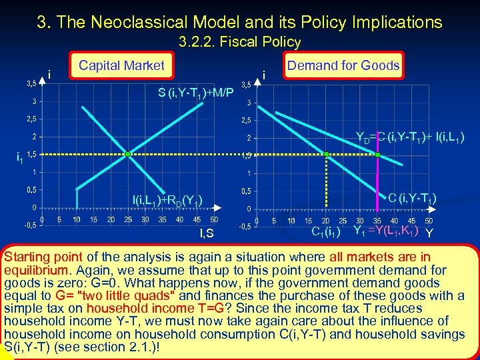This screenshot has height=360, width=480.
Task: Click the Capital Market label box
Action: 121,65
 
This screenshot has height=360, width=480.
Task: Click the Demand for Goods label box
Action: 343,65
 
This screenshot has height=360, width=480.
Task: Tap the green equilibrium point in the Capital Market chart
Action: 127,155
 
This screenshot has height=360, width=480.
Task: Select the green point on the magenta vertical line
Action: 377,155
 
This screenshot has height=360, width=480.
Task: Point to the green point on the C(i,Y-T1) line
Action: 326,155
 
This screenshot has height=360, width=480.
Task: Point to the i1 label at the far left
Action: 19,158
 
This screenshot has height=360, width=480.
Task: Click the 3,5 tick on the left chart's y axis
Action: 31,84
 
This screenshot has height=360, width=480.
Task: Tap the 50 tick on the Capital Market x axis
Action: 213,219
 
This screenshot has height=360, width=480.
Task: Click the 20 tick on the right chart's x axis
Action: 325,221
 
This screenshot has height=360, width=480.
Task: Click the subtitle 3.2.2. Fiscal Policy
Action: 240,42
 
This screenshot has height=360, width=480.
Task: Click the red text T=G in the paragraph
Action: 237,308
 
